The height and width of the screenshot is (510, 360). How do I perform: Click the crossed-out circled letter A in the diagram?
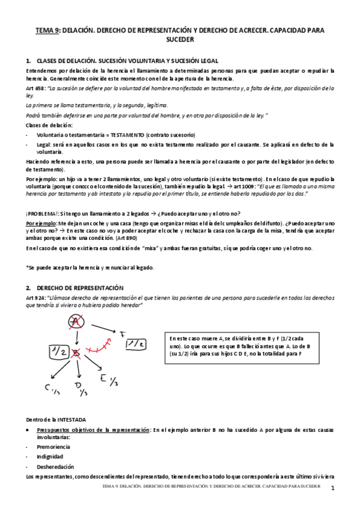coord(75,323)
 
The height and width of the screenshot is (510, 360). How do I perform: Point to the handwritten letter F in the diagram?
coord(122,333)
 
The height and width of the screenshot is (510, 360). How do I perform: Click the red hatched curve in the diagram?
coord(96,349)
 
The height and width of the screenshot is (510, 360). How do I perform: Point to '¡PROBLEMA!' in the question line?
coord(41,214)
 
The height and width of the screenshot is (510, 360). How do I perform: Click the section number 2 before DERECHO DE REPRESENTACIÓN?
coord(28,288)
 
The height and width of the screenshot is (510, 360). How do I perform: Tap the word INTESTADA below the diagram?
coord(72,419)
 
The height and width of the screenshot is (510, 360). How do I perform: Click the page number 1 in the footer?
coord(331,488)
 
